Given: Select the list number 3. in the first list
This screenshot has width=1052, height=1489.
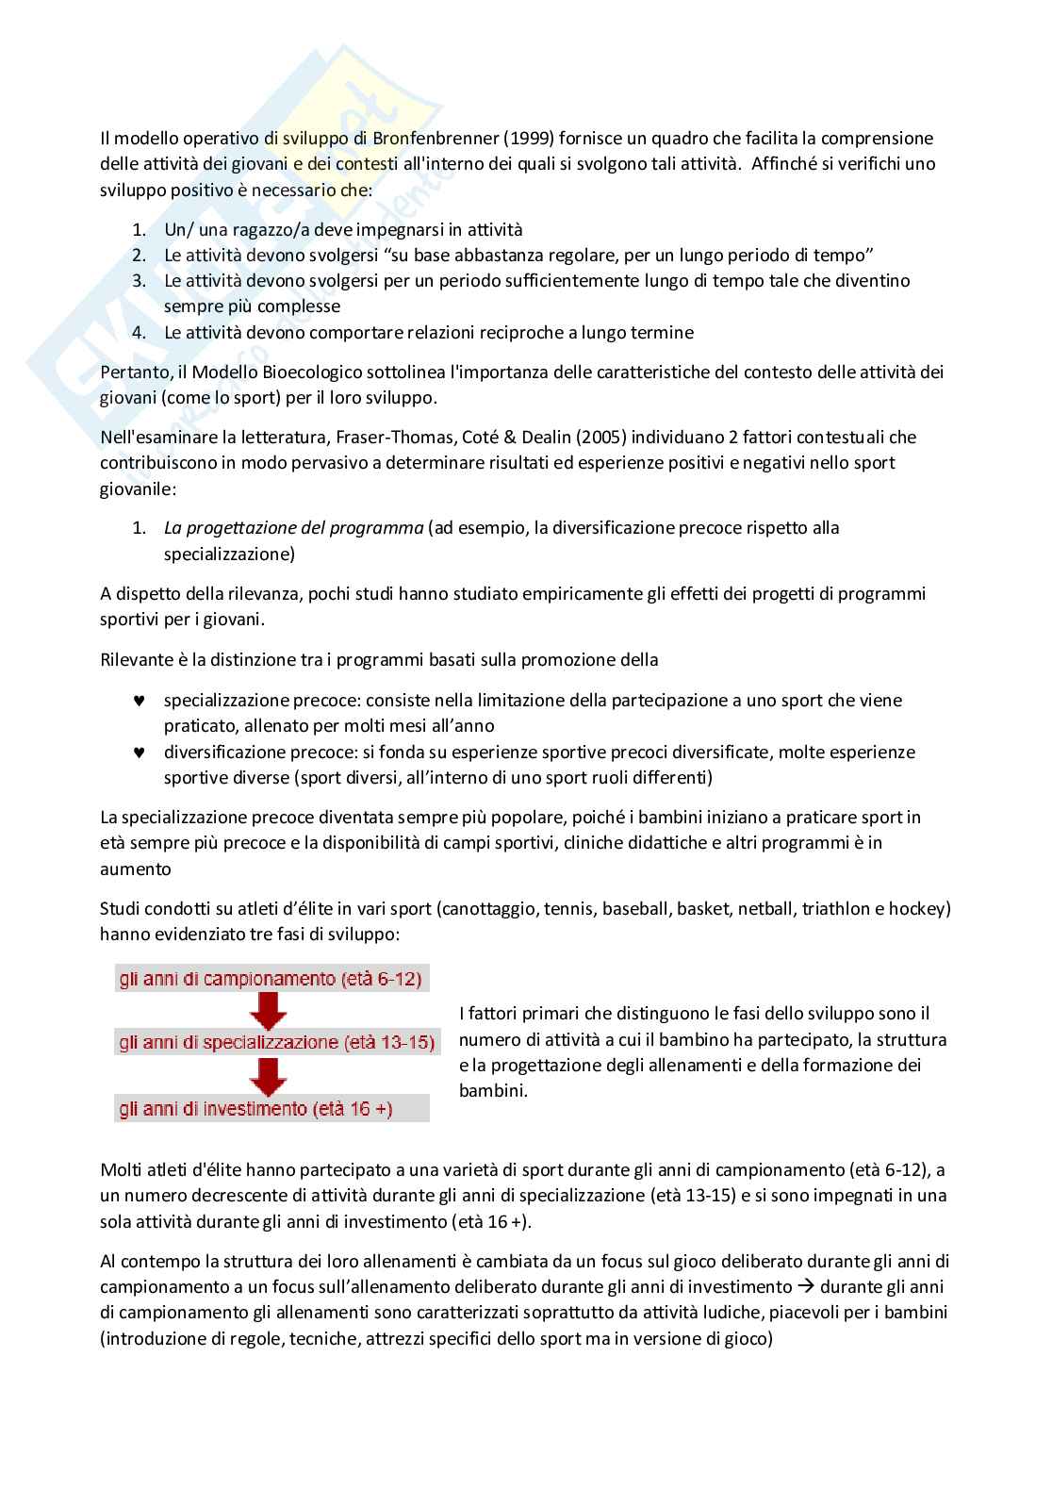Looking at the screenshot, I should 139,281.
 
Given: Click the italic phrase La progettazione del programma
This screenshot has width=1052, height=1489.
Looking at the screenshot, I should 293,528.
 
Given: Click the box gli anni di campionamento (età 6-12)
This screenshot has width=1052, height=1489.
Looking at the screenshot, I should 271,979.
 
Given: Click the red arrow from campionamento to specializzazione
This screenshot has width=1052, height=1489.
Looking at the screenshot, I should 269,1011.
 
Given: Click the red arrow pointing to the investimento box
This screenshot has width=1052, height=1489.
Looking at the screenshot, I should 269,1076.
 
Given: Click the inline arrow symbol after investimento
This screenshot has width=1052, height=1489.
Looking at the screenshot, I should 807,1287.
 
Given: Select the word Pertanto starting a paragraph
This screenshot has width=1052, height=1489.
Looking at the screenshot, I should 134,372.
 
